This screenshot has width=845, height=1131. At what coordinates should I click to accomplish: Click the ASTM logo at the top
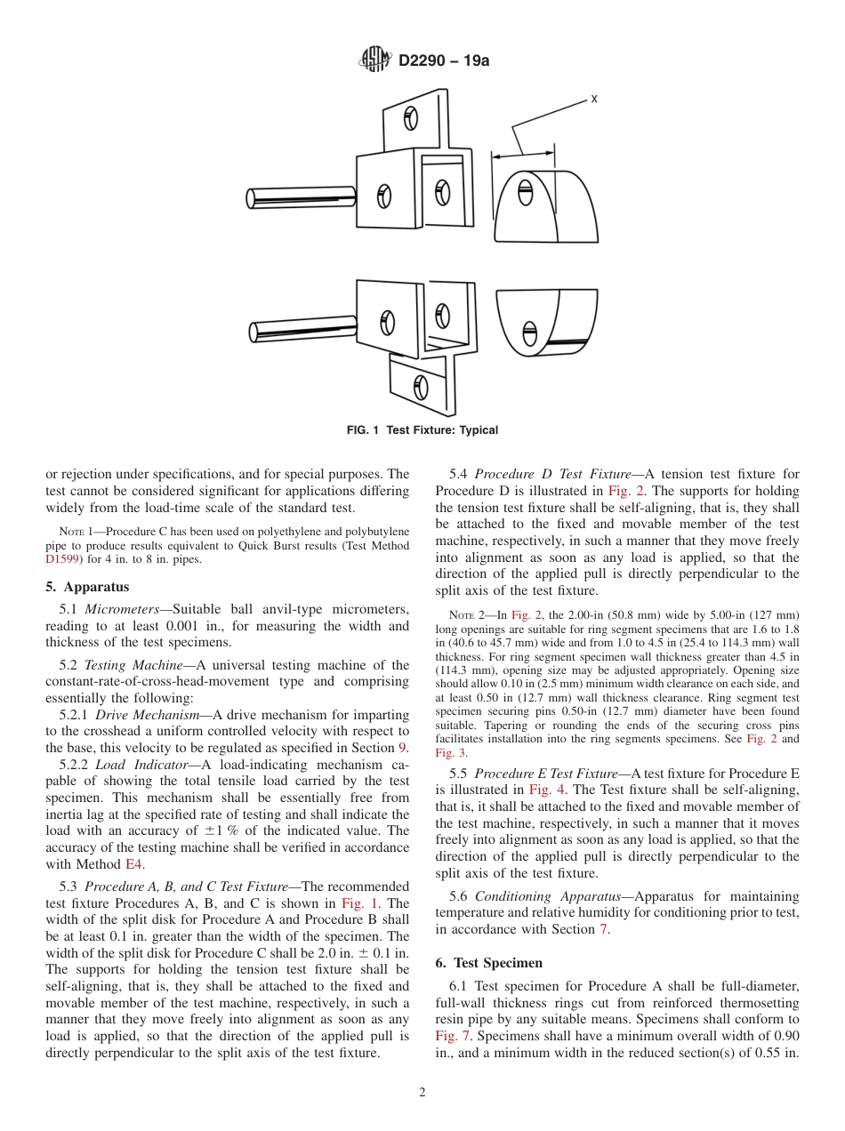(x=375, y=60)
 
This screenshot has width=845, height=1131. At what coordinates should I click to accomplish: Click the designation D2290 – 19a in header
(x=443, y=61)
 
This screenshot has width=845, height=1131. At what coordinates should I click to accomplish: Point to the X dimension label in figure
(x=593, y=100)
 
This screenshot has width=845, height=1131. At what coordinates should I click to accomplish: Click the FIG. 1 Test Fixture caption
(x=422, y=430)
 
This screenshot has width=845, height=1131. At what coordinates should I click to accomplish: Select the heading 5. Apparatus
(x=87, y=587)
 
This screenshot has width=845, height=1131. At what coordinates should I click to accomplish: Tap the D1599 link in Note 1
(x=63, y=560)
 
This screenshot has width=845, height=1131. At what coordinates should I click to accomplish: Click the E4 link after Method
(x=133, y=863)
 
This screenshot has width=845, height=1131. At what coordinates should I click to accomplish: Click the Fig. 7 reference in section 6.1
(x=452, y=1036)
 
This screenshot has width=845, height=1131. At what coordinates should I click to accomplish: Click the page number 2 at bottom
(x=422, y=1093)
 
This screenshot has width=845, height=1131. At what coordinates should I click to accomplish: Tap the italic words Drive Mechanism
(x=147, y=715)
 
